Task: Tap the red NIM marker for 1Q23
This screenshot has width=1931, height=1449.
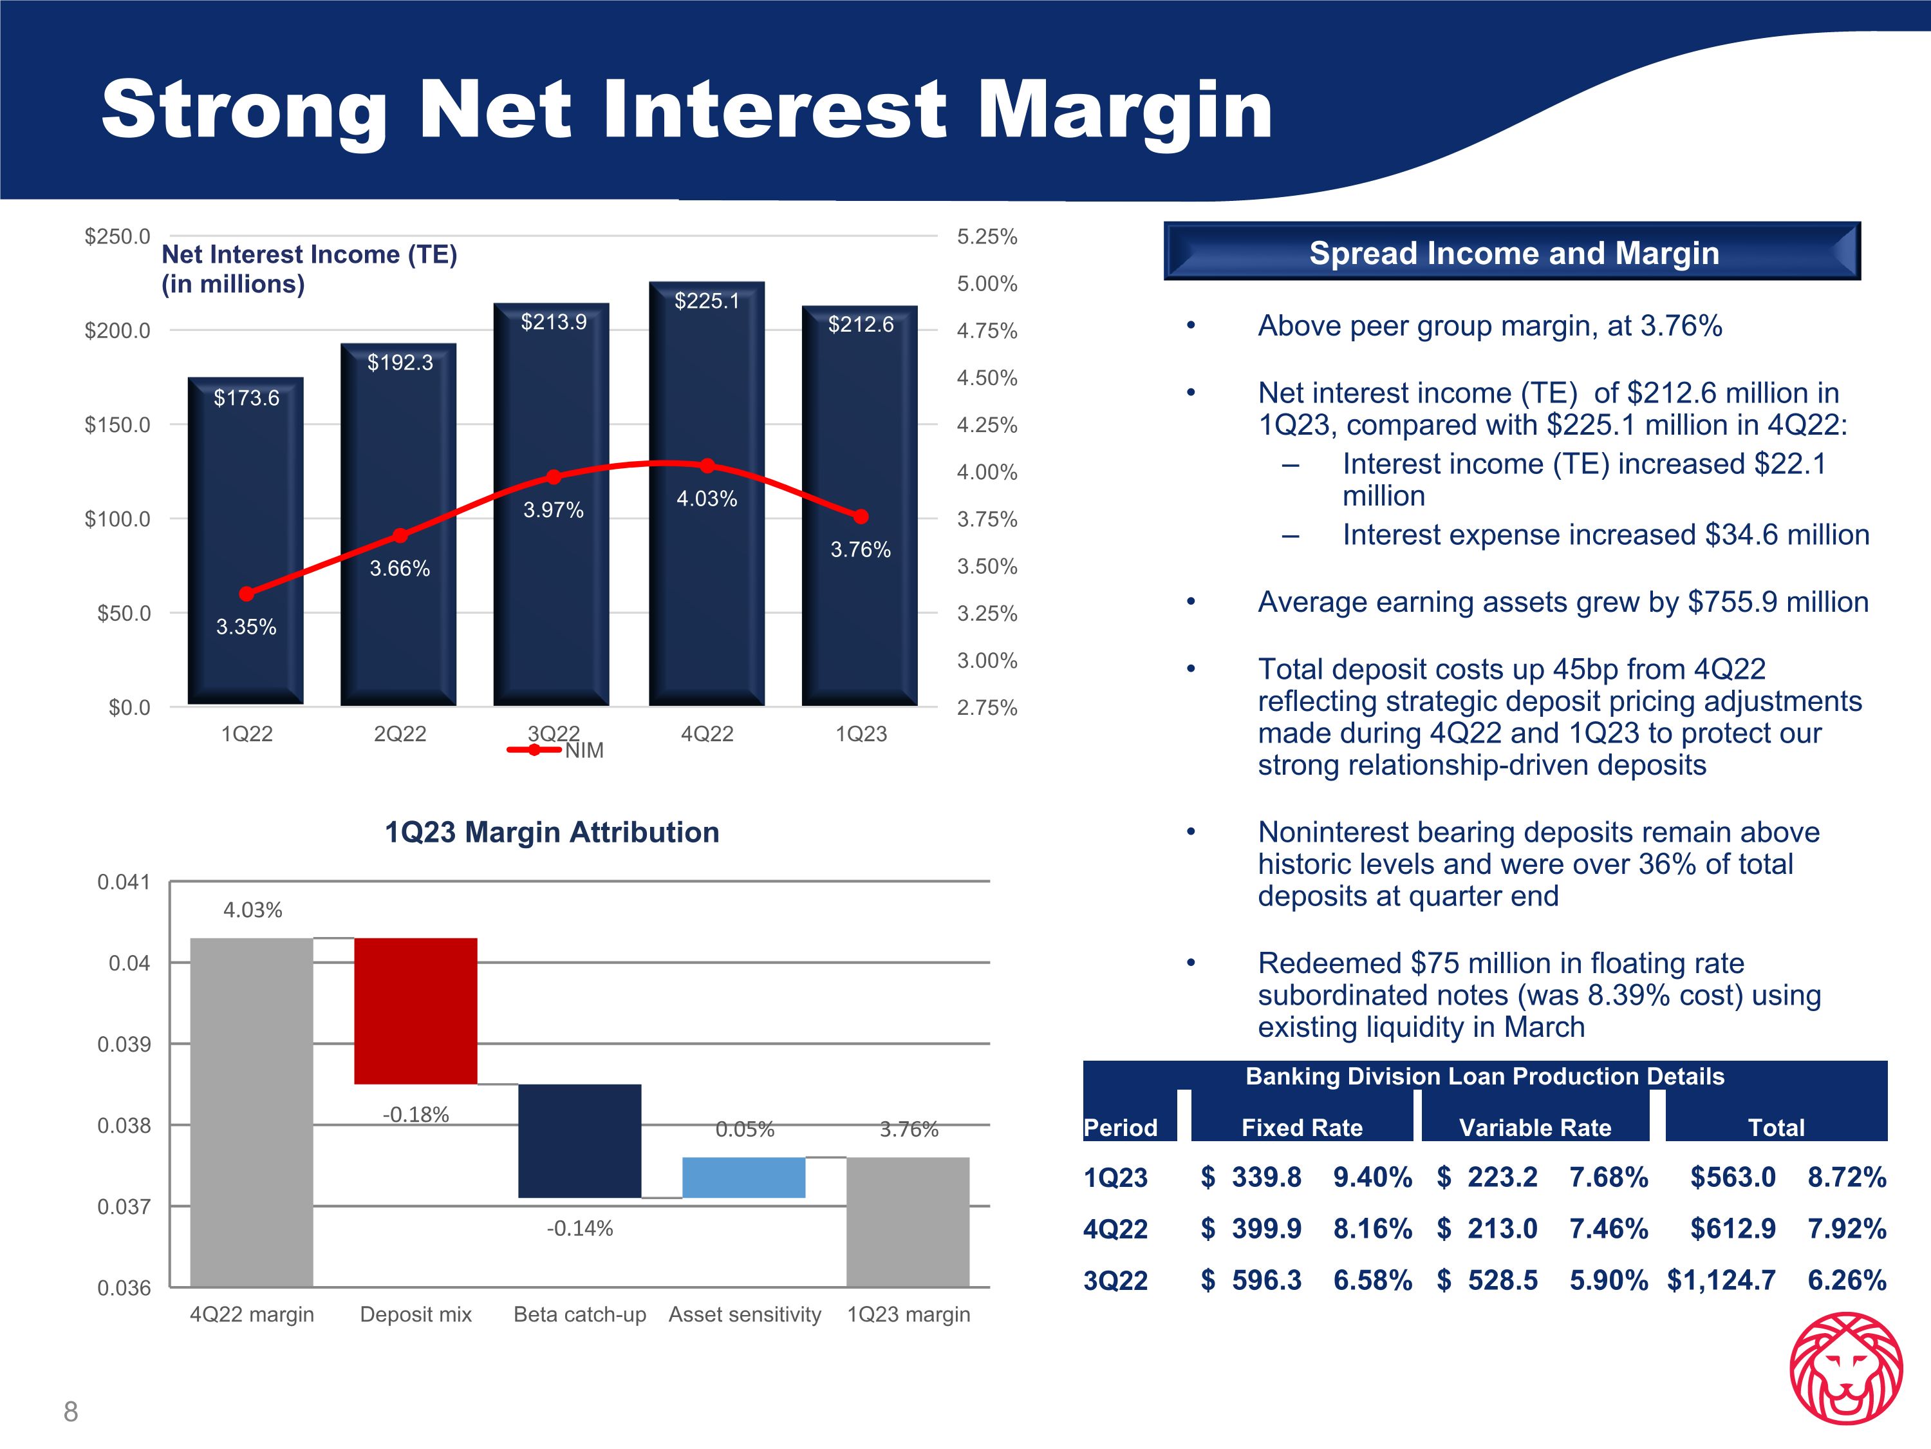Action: tap(861, 517)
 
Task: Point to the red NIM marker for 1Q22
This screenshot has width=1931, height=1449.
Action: tap(246, 594)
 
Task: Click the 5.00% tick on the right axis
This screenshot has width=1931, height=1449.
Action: tap(987, 284)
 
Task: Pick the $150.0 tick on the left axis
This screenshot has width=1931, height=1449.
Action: tap(117, 425)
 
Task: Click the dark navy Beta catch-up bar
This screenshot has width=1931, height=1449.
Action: tap(580, 1140)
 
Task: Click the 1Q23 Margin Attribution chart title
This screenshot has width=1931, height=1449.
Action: tap(552, 832)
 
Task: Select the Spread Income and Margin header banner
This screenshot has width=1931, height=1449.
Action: tap(1513, 252)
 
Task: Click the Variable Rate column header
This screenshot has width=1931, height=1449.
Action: tap(1535, 1128)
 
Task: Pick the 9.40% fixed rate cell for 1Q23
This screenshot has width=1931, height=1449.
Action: tap(1372, 1177)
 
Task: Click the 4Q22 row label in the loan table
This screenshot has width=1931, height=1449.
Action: tap(1115, 1229)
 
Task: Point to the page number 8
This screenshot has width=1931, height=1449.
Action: tap(71, 1412)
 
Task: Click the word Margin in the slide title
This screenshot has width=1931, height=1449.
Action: tap(1124, 111)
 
